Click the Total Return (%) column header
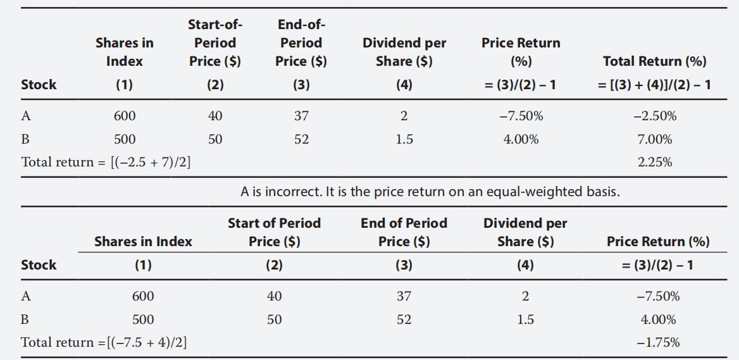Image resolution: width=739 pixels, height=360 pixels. [x=655, y=61]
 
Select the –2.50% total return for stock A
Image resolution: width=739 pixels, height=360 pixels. [x=655, y=116]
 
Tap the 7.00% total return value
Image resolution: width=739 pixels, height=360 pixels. [x=655, y=139]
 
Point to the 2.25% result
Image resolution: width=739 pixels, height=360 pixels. [x=655, y=162]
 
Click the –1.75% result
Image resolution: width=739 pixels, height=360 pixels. [x=658, y=342]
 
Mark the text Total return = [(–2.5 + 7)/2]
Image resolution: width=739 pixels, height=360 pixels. [x=106, y=162]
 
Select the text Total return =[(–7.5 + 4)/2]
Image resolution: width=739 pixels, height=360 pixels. [x=104, y=342]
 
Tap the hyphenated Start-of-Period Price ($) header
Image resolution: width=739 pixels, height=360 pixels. [x=215, y=43]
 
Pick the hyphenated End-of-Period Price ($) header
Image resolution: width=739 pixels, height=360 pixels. [x=301, y=43]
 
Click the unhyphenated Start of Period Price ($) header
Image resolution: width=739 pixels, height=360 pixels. [x=274, y=232]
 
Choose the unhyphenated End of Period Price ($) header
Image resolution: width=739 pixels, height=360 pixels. [x=404, y=232]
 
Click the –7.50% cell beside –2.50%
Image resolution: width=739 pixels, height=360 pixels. [x=521, y=116]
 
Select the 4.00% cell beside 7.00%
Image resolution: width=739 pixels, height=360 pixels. [x=521, y=139]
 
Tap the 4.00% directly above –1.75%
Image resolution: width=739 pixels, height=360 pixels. [x=658, y=320]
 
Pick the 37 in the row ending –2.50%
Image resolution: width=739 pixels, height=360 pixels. [x=301, y=116]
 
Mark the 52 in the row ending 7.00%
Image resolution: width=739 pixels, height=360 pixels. [x=301, y=139]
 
